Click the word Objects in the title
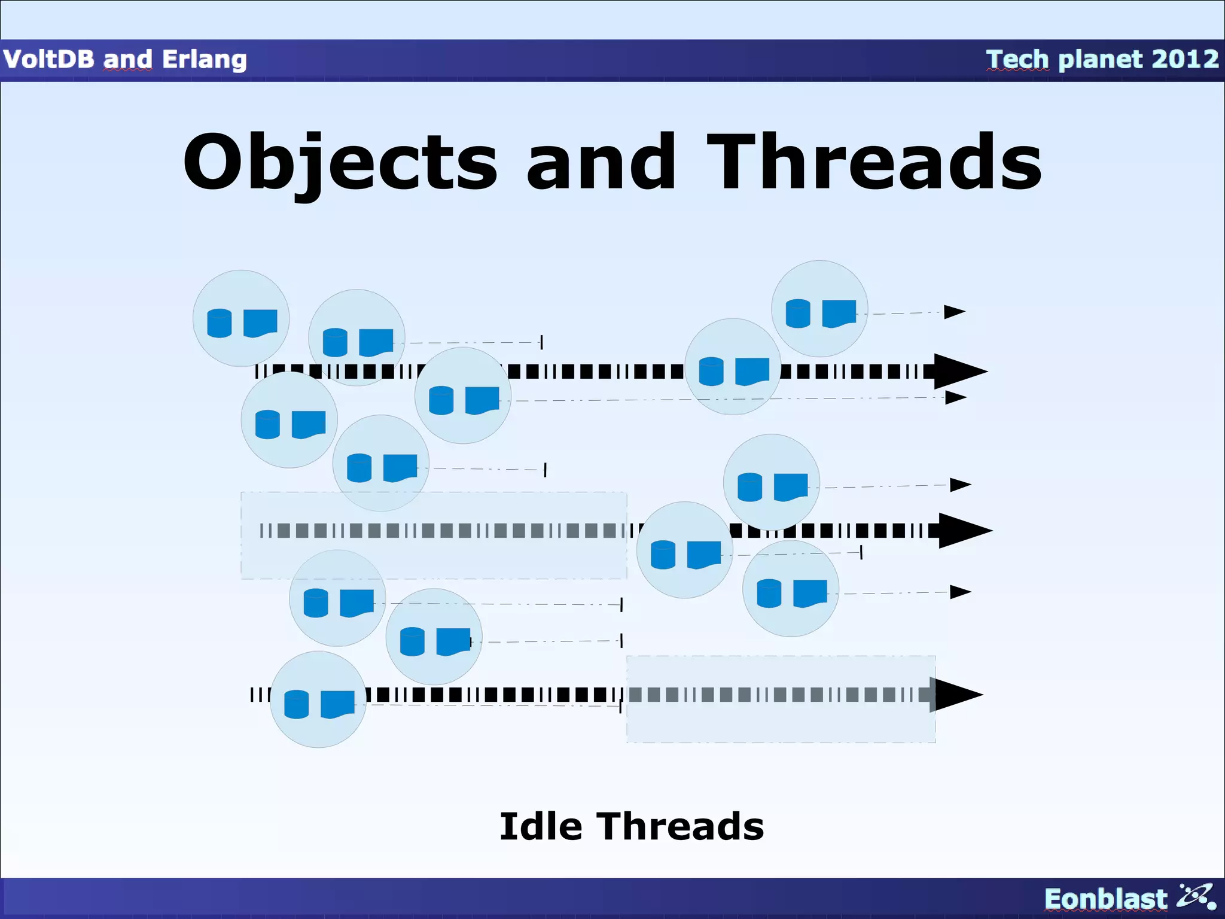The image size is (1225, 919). tap(340, 163)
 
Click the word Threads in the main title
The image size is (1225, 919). tap(874, 163)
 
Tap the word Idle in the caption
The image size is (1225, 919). tap(540, 827)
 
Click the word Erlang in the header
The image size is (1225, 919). tap(204, 59)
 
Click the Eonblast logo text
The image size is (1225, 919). tap(1105, 899)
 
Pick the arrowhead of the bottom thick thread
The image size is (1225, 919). tap(957, 695)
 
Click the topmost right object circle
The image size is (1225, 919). tap(819, 309)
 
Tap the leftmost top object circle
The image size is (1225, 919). tap(241, 318)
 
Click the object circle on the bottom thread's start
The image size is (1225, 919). tap(318, 699)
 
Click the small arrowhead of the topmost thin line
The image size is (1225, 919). tap(954, 312)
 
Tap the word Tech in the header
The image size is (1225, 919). tap(1017, 59)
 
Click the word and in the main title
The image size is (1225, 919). tap(601, 163)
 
